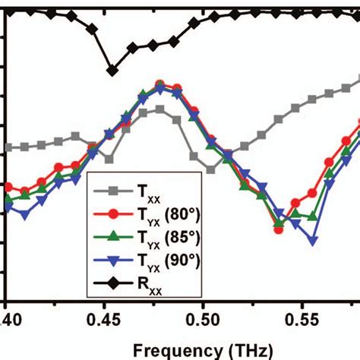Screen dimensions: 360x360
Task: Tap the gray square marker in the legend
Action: click(x=109, y=187)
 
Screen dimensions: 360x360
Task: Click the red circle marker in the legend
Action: click(x=109, y=211)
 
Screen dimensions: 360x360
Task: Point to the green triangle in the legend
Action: click(x=109, y=235)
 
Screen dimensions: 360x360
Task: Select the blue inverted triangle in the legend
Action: click(x=109, y=261)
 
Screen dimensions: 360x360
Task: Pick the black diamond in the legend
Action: click(x=109, y=285)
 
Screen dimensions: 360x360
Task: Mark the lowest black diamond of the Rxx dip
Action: click(x=112, y=70)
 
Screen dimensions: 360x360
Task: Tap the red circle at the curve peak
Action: click(x=159, y=84)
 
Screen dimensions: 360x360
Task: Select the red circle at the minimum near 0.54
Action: click(x=279, y=229)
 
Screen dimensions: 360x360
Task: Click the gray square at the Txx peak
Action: click(x=159, y=109)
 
